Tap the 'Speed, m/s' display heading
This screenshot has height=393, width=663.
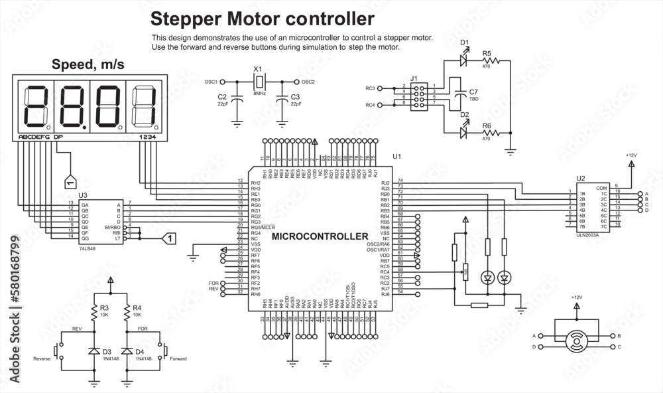click(88, 64)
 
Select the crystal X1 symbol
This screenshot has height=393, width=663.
click(259, 82)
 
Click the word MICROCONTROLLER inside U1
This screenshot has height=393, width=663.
click(320, 236)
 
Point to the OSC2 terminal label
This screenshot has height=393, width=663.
click(308, 82)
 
